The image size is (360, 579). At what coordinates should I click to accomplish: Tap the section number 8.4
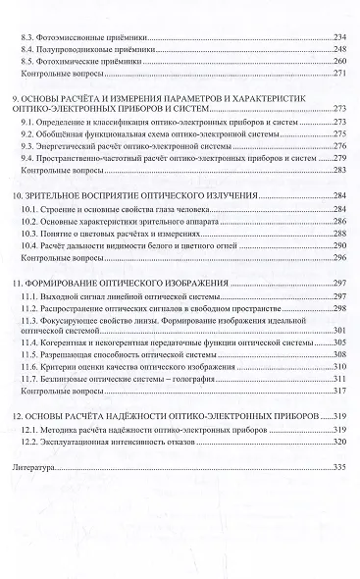point(27,48)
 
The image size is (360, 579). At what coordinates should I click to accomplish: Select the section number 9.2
point(27,132)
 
